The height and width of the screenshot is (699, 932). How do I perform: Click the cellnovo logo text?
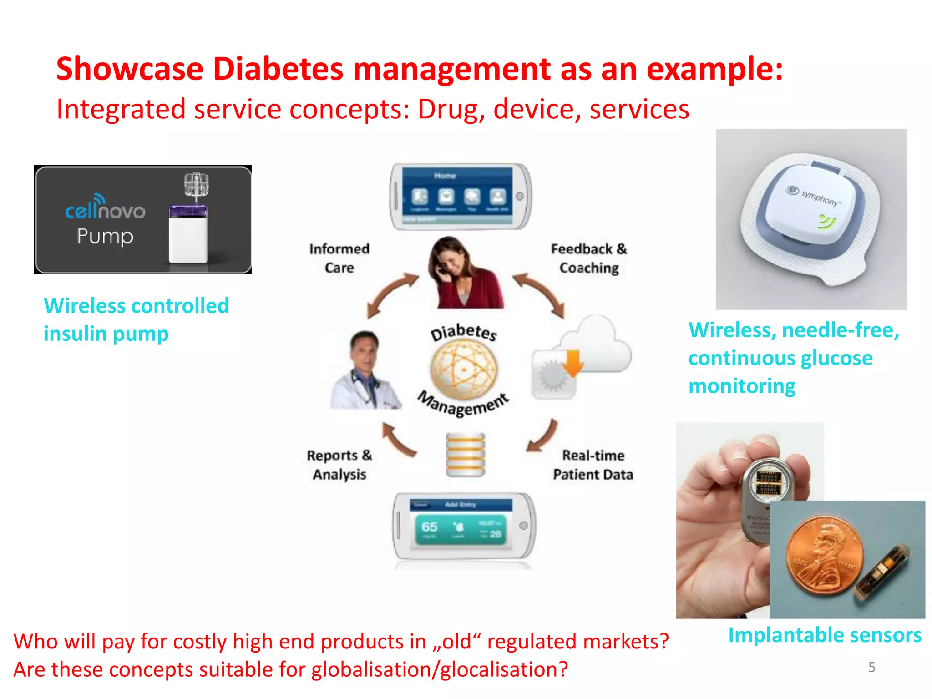[x=105, y=211]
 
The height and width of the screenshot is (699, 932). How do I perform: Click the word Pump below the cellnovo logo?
[x=105, y=236]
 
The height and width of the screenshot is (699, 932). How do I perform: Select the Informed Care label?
[x=339, y=258]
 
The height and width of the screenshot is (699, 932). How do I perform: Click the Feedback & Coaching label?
[x=589, y=258]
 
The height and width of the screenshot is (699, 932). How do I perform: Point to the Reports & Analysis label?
[x=339, y=465]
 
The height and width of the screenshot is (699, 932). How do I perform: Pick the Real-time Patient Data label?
[x=593, y=465]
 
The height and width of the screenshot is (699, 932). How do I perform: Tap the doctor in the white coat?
[x=365, y=371]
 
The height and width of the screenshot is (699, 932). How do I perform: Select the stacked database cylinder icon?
[x=465, y=455]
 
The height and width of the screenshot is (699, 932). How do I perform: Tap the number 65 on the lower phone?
[x=429, y=527]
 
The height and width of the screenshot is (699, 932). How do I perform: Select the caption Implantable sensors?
[x=825, y=635]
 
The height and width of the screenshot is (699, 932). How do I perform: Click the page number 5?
[x=871, y=667]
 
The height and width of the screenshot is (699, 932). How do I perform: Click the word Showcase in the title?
[x=130, y=69]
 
